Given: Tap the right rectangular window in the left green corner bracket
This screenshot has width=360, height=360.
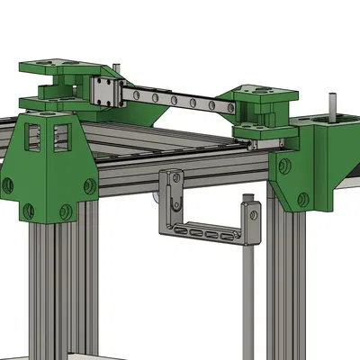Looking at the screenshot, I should point(62,136).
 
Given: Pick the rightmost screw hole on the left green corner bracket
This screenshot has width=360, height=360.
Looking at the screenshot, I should point(90,186).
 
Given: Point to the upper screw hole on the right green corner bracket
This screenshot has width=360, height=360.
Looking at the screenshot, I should point(284,166).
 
